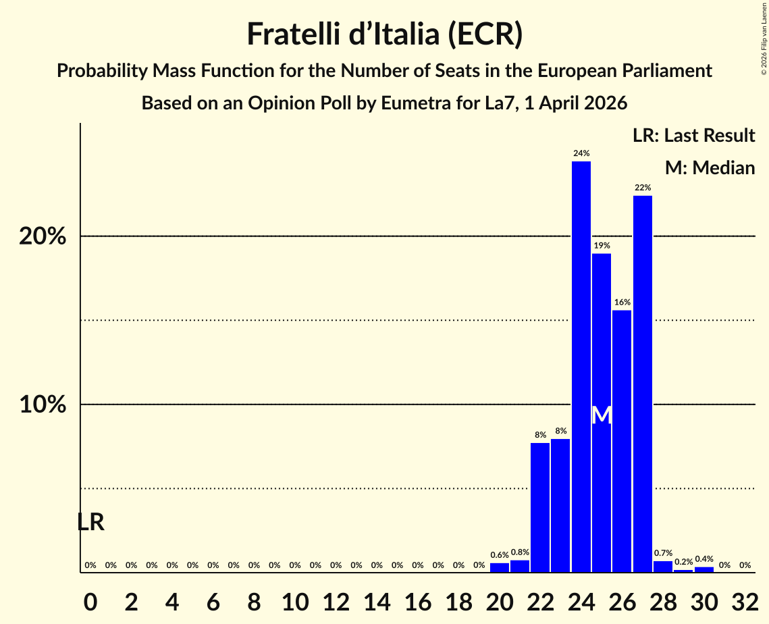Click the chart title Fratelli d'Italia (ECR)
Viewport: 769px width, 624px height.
[x=384, y=34]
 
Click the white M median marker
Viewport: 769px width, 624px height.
[x=601, y=415]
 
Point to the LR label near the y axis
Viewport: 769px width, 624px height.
[x=90, y=522]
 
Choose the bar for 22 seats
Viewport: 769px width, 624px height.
[x=540, y=507]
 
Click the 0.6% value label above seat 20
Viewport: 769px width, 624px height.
[x=499, y=555]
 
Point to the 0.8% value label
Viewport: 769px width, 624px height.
[x=520, y=552]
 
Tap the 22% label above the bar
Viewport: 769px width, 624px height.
[x=642, y=187]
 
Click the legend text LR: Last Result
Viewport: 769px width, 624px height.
[x=693, y=136]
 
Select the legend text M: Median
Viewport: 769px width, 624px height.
[x=710, y=167]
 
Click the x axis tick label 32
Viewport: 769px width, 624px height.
[x=745, y=601]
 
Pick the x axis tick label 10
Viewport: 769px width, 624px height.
[x=295, y=601]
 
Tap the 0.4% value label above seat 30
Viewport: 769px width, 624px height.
[x=704, y=559]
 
